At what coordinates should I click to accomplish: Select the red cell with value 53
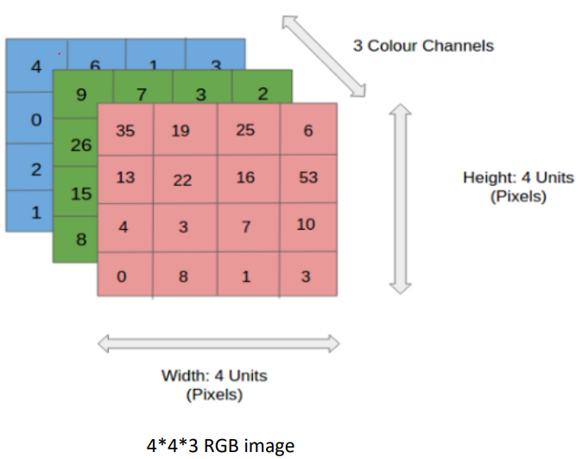(307, 178)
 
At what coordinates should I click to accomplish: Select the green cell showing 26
(79, 144)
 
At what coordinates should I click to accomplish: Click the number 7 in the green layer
(142, 93)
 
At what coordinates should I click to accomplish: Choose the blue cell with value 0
(35, 118)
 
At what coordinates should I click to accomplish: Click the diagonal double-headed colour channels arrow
(323, 54)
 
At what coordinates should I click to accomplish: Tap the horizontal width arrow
(218, 344)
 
